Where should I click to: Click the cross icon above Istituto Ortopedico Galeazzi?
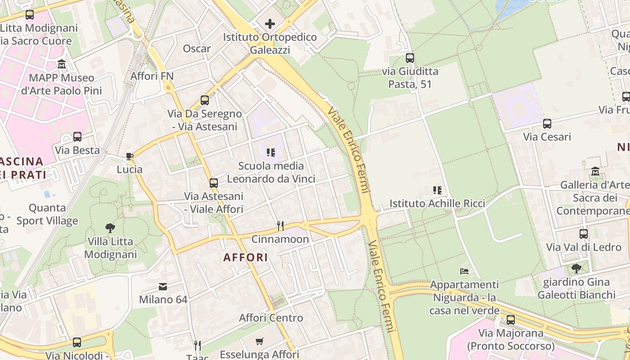[x=270, y=23]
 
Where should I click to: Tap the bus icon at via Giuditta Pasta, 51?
[x=409, y=58]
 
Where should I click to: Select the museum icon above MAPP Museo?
[x=62, y=64]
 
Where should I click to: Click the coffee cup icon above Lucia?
[x=130, y=157]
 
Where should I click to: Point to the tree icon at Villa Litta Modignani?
[x=110, y=228]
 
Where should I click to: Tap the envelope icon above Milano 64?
[x=163, y=286]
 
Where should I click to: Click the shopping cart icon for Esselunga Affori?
[x=259, y=341]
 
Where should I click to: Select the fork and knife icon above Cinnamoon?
[x=280, y=225]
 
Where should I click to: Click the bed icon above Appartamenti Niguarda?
[x=464, y=271]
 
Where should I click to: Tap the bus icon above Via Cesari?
[x=547, y=124]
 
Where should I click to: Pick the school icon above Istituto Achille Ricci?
[x=437, y=190]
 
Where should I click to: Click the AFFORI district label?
[x=246, y=258]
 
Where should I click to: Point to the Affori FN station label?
[x=152, y=76]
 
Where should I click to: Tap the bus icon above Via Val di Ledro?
[x=584, y=234]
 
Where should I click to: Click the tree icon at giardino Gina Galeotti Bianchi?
[x=576, y=269]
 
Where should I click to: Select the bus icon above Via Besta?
[x=77, y=137]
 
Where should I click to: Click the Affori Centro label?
[x=271, y=318]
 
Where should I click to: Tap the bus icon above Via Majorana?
[x=510, y=320]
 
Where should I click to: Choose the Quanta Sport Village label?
[x=47, y=214]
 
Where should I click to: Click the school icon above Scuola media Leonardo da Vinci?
[x=270, y=153]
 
